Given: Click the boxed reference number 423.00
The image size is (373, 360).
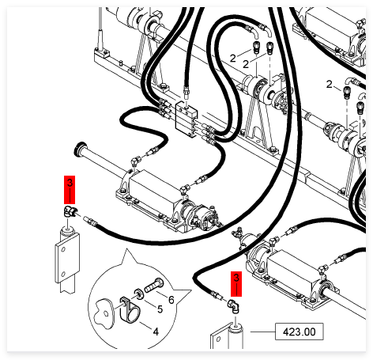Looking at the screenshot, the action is tap(299, 332).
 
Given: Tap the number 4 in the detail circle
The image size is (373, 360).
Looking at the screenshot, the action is tap(156, 332).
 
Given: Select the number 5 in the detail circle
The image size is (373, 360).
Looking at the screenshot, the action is tap(160, 309).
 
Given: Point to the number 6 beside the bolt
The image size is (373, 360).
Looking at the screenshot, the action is tap(171, 300).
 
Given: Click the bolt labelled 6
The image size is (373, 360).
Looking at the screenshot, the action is tap(154, 286).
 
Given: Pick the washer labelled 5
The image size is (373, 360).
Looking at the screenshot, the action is tap(138, 294).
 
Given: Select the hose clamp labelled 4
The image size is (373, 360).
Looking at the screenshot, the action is tap(130, 310).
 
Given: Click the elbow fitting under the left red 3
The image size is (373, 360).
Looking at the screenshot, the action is tap(70, 211).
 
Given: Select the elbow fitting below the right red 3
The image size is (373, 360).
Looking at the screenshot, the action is tap(233, 306).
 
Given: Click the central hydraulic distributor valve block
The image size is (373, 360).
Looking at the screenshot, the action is tap(186, 119).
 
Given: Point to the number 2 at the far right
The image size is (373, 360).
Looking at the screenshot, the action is tap(330, 85).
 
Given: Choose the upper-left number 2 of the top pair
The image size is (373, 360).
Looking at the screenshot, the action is tap(232, 58).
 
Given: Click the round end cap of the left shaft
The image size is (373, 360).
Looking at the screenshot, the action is tap(80, 149).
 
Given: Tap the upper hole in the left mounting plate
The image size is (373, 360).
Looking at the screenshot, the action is tap(63, 250).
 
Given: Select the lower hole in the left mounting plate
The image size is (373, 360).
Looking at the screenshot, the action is tap(63, 275).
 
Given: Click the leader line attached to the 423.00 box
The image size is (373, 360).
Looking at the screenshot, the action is tap(262, 332).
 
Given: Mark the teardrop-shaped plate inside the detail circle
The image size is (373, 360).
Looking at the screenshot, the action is tap(104, 314).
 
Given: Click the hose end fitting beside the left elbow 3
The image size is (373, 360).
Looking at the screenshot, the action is tap(91, 221).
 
